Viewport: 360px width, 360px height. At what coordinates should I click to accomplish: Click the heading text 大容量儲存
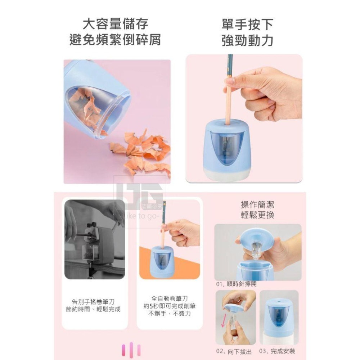tap(115, 24)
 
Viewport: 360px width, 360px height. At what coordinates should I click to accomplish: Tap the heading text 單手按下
tap(247, 24)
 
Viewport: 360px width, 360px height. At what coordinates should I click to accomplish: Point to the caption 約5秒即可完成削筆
tap(170, 306)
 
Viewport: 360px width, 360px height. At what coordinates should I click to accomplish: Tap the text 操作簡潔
tap(257, 205)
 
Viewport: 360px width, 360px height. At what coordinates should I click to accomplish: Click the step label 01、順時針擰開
tap(237, 284)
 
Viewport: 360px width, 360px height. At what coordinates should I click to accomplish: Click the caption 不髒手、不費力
tap(170, 314)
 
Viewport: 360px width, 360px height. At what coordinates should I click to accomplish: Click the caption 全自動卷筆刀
tap(170, 298)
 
